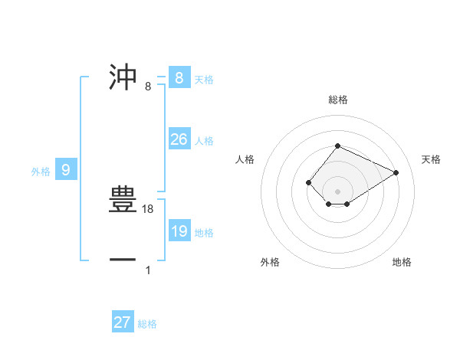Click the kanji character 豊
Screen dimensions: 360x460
123,198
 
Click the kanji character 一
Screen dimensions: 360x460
123,260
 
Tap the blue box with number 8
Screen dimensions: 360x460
179,77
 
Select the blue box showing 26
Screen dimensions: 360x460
179,139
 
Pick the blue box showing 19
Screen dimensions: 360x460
179,231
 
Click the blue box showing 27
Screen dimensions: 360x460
123,322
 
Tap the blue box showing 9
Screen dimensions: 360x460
66,170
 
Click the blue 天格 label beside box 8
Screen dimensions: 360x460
204,79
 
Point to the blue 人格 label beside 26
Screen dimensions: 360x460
204,141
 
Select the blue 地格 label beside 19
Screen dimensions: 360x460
204,233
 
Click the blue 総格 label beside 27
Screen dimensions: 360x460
147,324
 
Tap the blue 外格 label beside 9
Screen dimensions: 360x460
41,172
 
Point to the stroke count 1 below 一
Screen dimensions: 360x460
148,270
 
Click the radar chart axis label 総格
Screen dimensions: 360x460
338,100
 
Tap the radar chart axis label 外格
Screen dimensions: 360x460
270,262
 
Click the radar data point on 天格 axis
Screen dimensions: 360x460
396,172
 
